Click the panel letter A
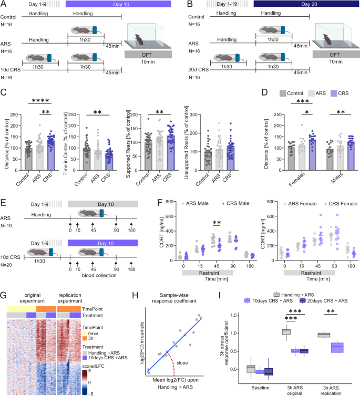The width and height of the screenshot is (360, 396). tap(4, 5)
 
